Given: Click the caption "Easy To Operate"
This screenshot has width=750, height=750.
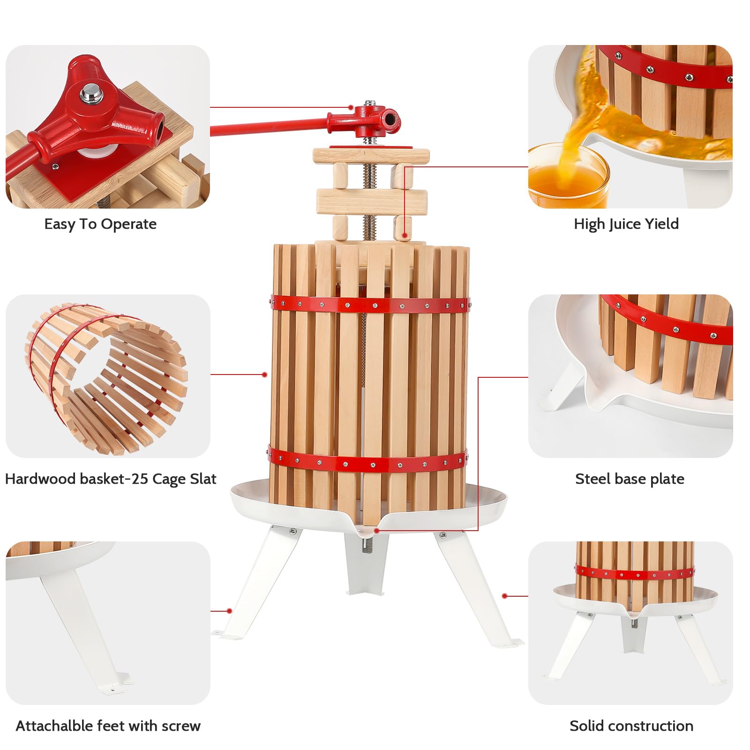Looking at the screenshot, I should (100, 224).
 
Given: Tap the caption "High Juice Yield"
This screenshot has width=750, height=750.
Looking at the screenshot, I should (626, 224).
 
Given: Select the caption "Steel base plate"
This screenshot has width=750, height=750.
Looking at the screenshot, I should (630, 479).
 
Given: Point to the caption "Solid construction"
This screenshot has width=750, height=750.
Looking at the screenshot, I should (631, 726).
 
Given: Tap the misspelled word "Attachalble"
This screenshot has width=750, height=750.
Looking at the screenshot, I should (54, 726).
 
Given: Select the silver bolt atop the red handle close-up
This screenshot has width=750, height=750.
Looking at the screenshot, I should (89, 94).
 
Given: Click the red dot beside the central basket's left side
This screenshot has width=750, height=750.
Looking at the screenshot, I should (265, 375).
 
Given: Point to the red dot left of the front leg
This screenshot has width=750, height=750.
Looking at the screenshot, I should (229, 611).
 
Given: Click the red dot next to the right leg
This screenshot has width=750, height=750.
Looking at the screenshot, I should (505, 596).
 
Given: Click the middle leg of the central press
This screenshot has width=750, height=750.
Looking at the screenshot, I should (366, 565).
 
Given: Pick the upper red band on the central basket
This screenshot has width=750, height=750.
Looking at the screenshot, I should (369, 306).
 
